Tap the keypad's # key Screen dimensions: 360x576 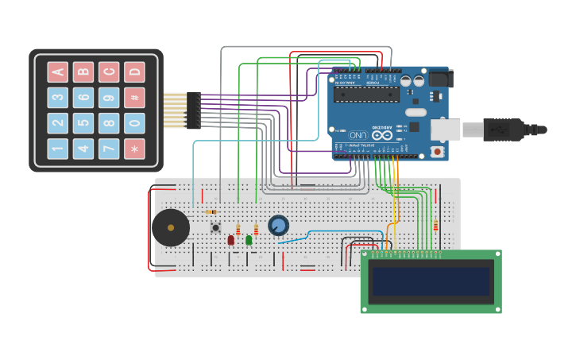click(x=134, y=98)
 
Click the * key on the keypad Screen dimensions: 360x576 click(x=134, y=149)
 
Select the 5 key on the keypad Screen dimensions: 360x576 click(x=83, y=123)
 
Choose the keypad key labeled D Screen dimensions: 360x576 click(x=134, y=72)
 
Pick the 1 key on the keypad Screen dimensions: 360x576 click(x=58, y=149)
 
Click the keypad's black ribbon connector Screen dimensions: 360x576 click(x=193, y=110)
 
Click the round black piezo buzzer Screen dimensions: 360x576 click(x=171, y=228)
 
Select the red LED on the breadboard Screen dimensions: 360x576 click(x=231, y=239)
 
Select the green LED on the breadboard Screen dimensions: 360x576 click(x=249, y=239)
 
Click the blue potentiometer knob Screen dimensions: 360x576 click(x=278, y=226)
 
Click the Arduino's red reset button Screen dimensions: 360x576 click(x=436, y=151)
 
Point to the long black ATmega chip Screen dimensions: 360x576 click(x=366, y=95)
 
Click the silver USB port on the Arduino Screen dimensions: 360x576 click(x=446, y=130)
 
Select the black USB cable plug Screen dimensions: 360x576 click(x=503, y=130)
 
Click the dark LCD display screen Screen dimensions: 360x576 click(x=431, y=281)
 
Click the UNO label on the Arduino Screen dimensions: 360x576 click(x=358, y=135)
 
